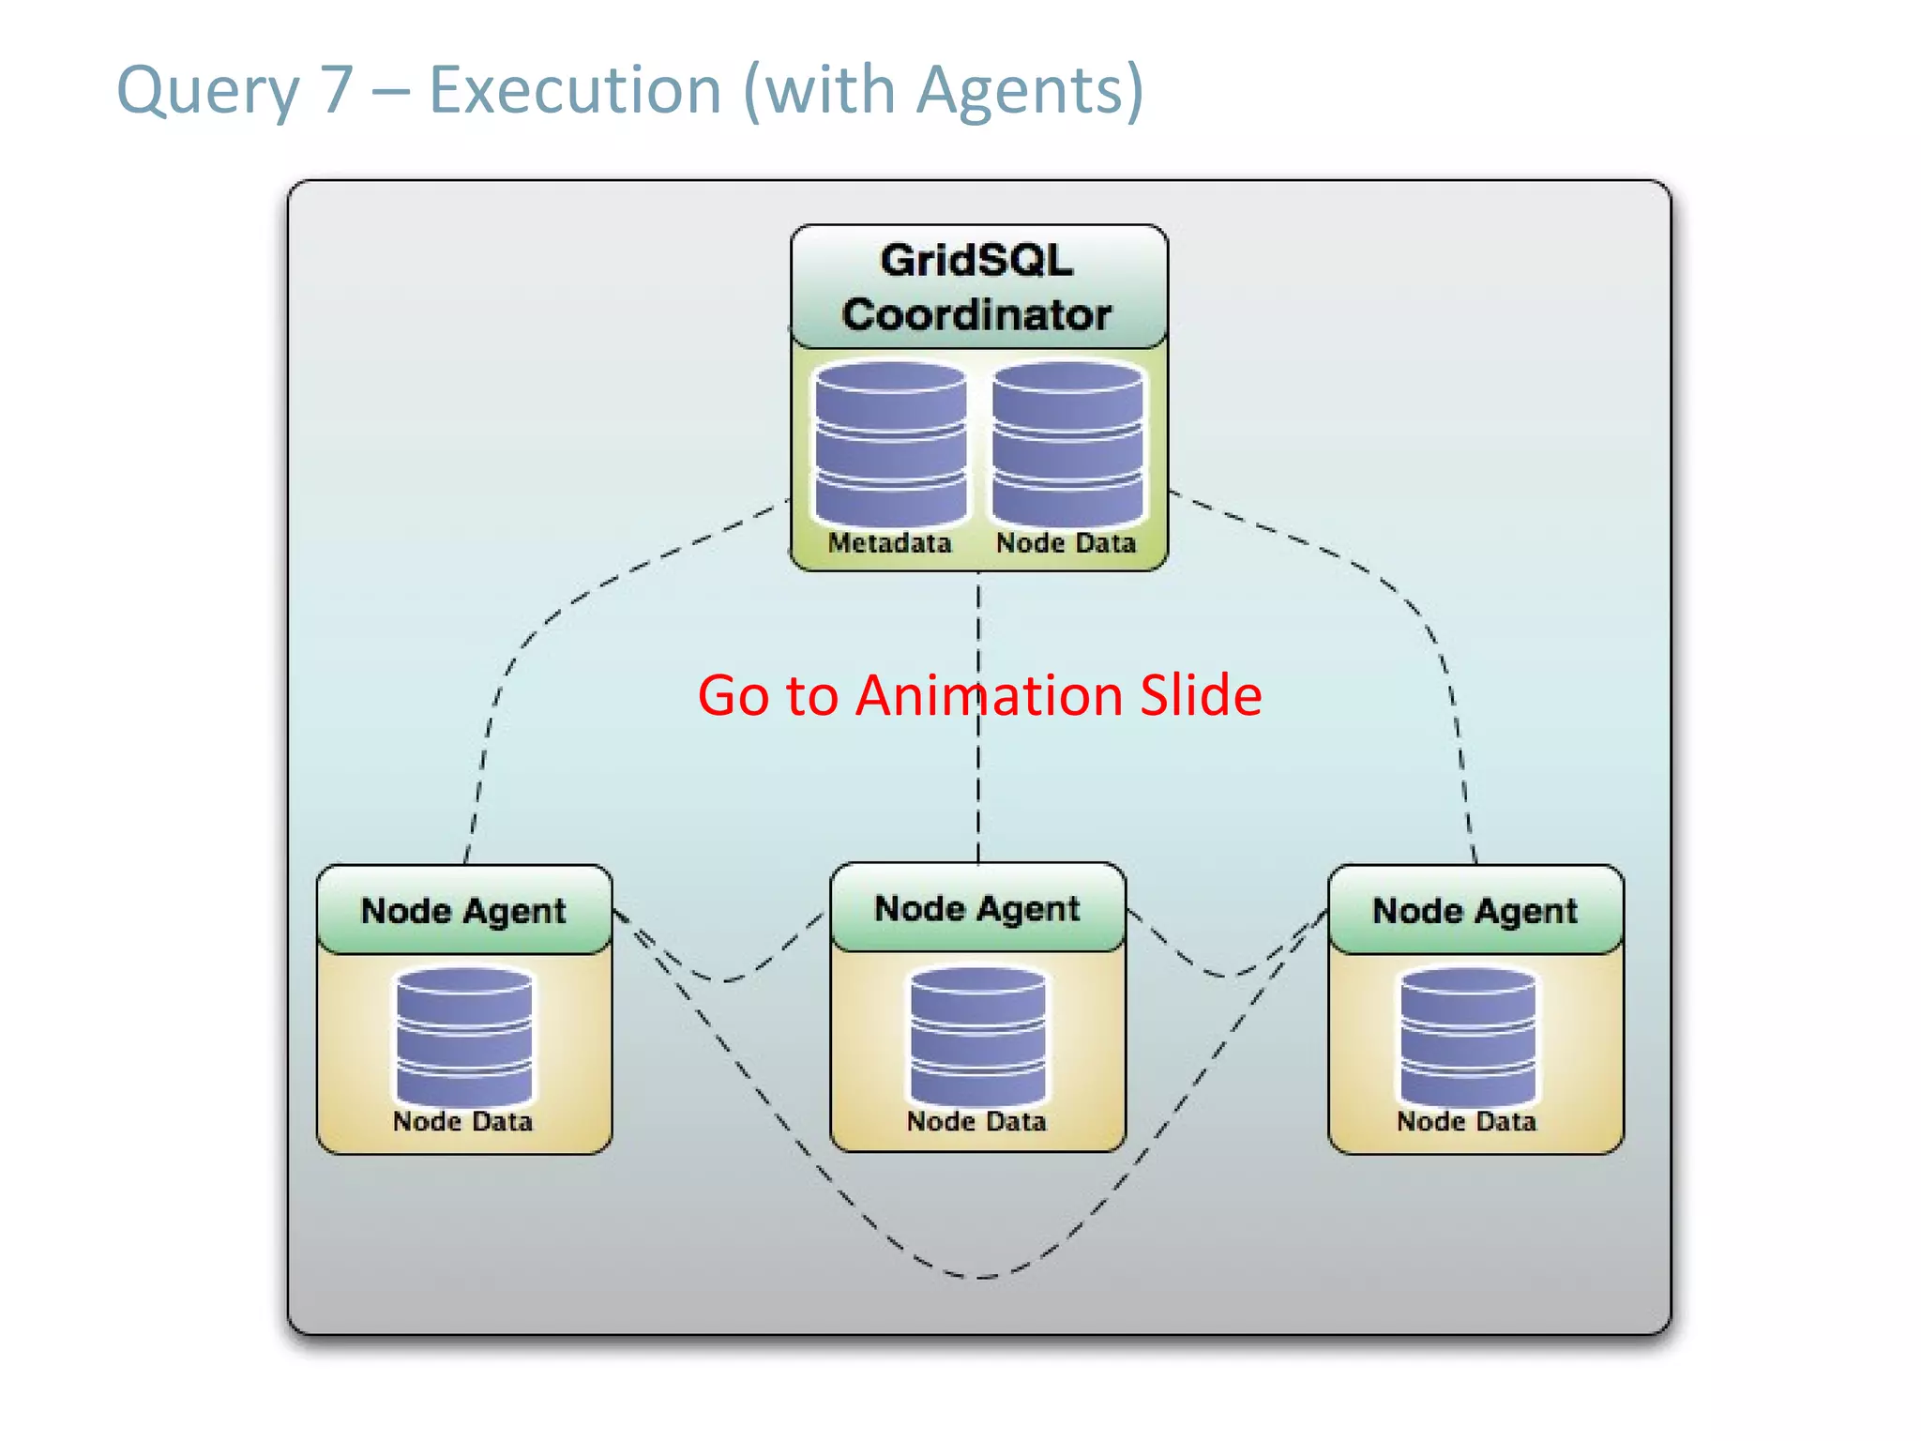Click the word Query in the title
(x=206, y=91)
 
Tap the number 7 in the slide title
(x=336, y=91)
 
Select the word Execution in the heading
(x=575, y=91)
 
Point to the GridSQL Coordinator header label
(x=977, y=287)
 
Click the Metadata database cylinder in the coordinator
(x=890, y=444)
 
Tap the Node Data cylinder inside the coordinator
(x=1067, y=444)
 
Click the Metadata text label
(x=889, y=543)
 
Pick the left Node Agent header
(x=463, y=910)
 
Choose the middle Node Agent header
(x=976, y=908)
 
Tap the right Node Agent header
(x=1475, y=910)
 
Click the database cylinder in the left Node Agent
(x=464, y=1037)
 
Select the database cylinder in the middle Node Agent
(x=977, y=1037)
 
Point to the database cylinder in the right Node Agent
(x=1468, y=1037)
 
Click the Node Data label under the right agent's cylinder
(x=1466, y=1121)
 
